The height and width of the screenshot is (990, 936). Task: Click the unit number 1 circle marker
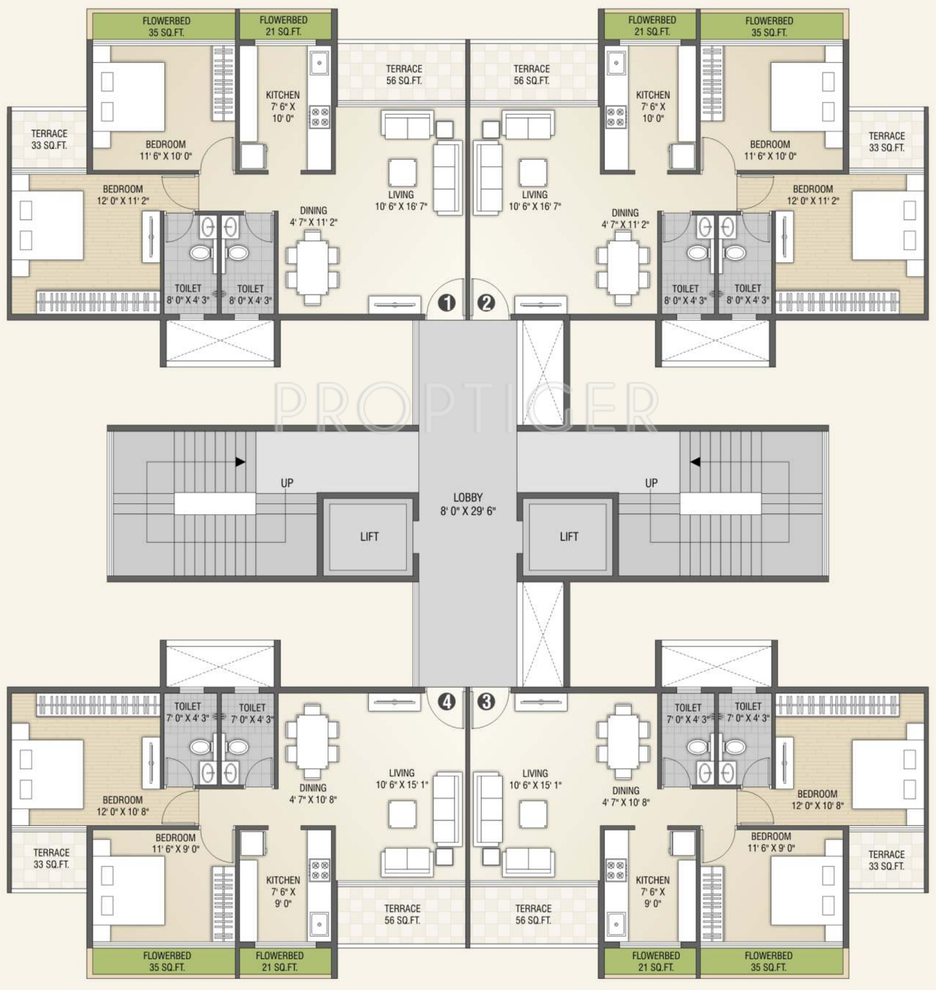pyautogui.click(x=447, y=303)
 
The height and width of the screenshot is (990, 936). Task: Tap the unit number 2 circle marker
pyautogui.click(x=486, y=303)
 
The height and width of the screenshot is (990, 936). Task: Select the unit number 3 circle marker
pyautogui.click(x=486, y=701)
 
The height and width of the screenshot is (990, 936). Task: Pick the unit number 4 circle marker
pyautogui.click(x=447, y=701)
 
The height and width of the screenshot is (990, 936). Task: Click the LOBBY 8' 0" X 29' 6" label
pyautogui.click(x=468, y=504)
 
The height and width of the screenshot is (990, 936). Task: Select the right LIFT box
pyautogui.click(x=568, y=536)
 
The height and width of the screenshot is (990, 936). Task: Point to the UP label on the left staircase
pyautogui.click(x=287, y=483)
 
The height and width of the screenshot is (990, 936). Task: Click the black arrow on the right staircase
pyautogui.click(x=695, y=462)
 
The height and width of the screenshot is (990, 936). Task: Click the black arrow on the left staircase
pyautogui.click(x=241, y=462)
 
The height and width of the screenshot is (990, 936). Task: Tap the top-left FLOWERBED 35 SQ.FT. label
pyautogui.click(x=166, y=27)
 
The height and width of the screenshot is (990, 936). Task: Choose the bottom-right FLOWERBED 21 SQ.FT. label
pyautogui.click(x=656, y=961)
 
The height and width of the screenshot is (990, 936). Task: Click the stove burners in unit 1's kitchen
pyautogui.click(x=320, y=117)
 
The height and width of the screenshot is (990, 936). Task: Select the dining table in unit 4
pyautogui.click(x=312, y=741)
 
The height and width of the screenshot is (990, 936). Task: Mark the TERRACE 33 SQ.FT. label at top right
pyautogui.click(x=886, y=142)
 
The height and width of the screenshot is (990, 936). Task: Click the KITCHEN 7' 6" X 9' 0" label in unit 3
pyautogui.click(x=653, y=892)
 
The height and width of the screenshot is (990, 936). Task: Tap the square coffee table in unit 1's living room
pyautogui.click(x=402, y=172)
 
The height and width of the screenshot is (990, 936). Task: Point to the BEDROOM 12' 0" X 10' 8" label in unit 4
pyautogui.click(x=122, y=805)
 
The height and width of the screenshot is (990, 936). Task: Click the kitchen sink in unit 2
pyautogui.click(x=616, y=64)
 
